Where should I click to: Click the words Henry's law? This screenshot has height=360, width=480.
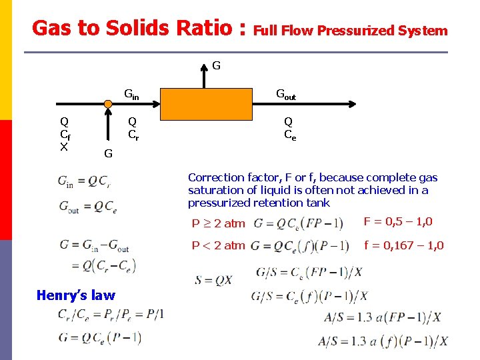click(76, 295)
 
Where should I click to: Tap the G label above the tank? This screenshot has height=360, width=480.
click(216, 66)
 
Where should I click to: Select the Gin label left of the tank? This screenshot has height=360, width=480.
click(132, 95)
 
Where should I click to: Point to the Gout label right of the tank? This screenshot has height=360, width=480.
click(286, 95)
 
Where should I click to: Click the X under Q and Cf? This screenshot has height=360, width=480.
click(64, 146)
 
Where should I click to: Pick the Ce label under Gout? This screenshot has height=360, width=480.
click(290, 134)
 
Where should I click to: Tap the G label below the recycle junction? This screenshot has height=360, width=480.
click(107, 155)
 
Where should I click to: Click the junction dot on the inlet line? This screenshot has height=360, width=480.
click(107, 105)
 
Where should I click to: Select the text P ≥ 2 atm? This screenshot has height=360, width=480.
click(219, 223)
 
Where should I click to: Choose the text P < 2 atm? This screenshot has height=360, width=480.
click(219, 245)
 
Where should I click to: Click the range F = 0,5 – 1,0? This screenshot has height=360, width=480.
click(398, 221)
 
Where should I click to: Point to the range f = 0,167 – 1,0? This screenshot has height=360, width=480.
click(404, 245)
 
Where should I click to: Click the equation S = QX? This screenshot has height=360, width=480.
click(213, 279)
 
